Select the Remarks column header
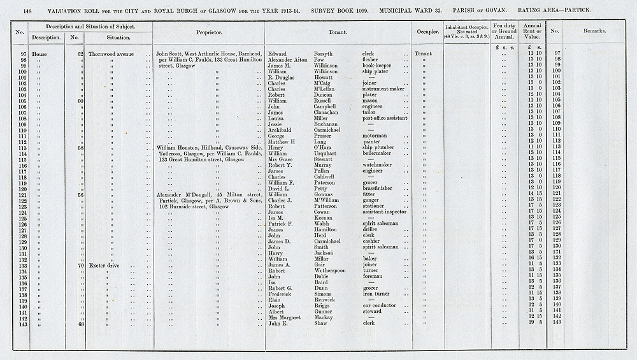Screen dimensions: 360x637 coord(594,30)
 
